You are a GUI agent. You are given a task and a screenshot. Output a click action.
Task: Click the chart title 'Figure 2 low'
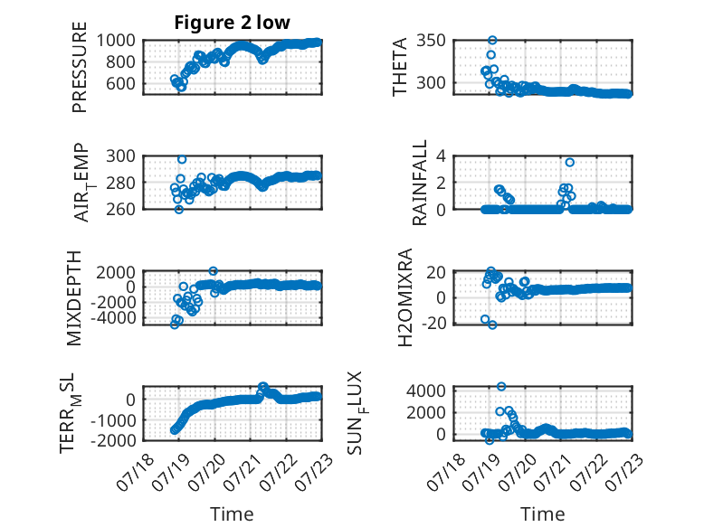233,23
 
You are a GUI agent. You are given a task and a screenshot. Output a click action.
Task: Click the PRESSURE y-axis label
79,67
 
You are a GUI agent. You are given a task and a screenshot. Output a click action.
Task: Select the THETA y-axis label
399,67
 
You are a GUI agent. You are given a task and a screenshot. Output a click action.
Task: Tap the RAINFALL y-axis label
419,183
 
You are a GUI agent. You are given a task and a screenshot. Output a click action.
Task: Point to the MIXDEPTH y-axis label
74,298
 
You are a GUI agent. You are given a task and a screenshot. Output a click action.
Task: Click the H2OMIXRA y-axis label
405,297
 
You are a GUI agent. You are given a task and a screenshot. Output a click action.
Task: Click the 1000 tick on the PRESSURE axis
116,41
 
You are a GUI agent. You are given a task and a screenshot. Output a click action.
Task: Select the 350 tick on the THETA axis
431,41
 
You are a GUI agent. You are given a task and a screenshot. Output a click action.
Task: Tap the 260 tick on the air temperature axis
120,209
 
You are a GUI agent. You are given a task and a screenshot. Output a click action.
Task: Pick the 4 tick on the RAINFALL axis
441,156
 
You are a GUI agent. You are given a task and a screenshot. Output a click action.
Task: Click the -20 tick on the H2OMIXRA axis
433,323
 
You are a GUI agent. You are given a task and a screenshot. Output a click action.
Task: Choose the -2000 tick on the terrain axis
113,440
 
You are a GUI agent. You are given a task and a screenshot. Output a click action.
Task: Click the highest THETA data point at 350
492,41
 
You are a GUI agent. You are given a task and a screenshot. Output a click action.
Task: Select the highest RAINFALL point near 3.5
570,163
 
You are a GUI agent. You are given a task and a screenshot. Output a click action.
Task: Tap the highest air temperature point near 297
182,159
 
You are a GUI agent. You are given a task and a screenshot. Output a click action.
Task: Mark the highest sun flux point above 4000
501,387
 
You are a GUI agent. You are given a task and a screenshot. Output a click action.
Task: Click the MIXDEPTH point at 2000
214,271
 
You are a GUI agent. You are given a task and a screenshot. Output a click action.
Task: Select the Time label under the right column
542,514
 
